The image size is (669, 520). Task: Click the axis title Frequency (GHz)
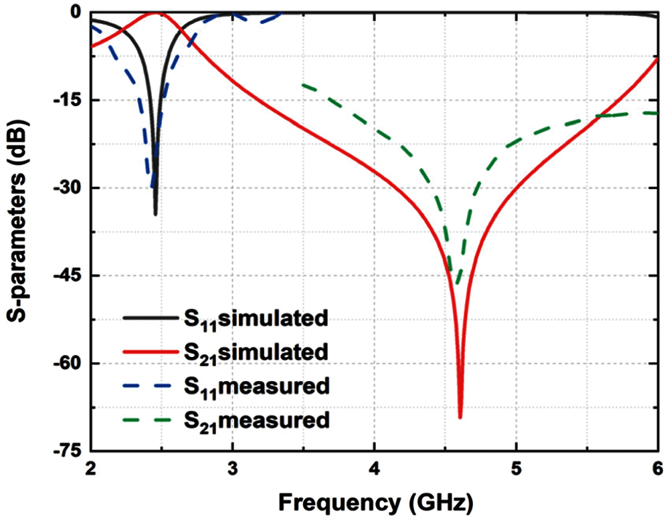pos(375,500)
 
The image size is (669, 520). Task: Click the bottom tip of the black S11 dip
pos(155,215)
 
